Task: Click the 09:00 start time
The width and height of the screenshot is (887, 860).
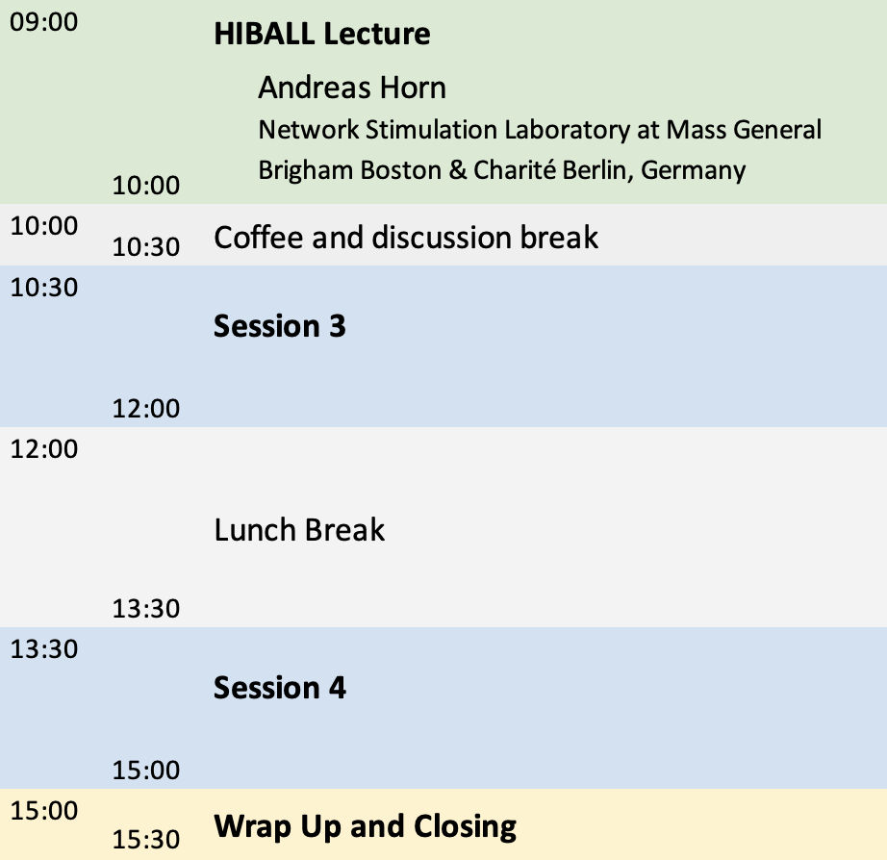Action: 44,22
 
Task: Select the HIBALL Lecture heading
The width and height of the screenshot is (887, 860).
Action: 322,34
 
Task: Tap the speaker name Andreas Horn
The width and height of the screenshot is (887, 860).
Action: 352,88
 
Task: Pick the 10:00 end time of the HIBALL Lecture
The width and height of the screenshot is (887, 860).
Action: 146,185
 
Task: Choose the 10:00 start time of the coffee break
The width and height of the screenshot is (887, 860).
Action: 44,226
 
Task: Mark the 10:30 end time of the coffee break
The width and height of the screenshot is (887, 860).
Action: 146,246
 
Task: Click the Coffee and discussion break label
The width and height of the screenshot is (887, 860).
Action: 406,237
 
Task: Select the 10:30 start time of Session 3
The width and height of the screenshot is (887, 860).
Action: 44,288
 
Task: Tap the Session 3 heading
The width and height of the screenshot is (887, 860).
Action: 279,326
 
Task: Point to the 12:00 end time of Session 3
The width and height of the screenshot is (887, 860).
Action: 146,409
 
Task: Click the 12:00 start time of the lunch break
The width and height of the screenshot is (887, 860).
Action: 44,449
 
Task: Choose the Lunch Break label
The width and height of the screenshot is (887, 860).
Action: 299,530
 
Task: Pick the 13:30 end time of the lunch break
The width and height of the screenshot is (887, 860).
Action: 146,609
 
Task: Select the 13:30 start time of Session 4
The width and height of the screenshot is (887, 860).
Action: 44,649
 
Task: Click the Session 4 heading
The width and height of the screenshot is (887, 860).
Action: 279,688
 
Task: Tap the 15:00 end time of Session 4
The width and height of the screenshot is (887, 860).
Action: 146,770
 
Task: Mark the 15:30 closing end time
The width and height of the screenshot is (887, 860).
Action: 146,840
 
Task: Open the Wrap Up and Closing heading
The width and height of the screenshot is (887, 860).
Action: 365,826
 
